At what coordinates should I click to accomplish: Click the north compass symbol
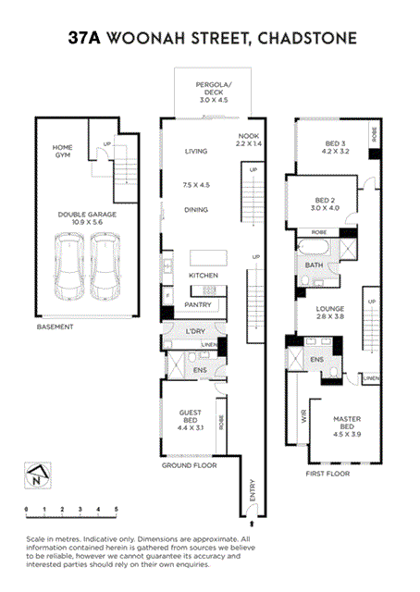tap(35, 478)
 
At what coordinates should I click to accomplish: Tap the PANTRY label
tap(199, 304)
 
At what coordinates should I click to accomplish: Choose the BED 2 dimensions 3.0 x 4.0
tap(326, 208)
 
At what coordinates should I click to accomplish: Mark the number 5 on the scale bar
tap(116, 509)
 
